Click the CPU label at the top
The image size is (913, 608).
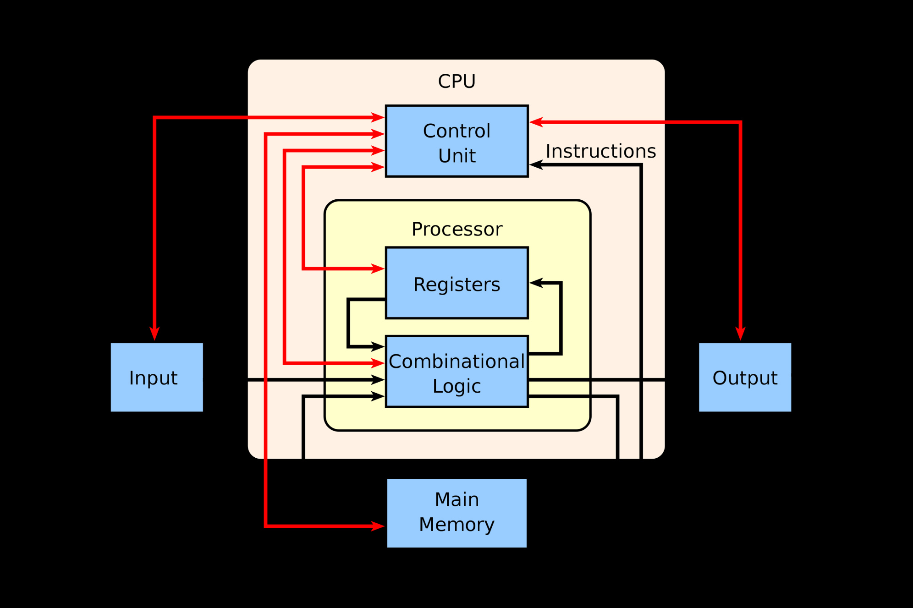point(456,82)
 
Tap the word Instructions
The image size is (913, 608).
point(600,151)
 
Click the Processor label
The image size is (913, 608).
point(456,229)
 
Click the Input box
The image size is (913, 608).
point(157,377)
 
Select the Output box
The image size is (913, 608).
point(745,377)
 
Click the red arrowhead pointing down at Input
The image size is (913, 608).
point(155,334)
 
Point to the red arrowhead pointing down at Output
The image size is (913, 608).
point(740,334)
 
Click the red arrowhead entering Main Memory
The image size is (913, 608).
point(378,526)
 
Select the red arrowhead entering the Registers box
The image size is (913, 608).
point(378,268)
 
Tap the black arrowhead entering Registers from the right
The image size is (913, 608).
point(536,283)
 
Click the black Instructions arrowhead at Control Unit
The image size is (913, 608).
point(536,164)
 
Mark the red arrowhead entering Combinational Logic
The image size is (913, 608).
point(378,363)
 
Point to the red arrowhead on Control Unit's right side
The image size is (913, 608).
point(536,122)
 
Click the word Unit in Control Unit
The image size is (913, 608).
point(456,156)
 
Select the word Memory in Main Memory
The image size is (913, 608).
point(456,525)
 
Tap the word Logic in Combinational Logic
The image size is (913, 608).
point(456,386)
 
